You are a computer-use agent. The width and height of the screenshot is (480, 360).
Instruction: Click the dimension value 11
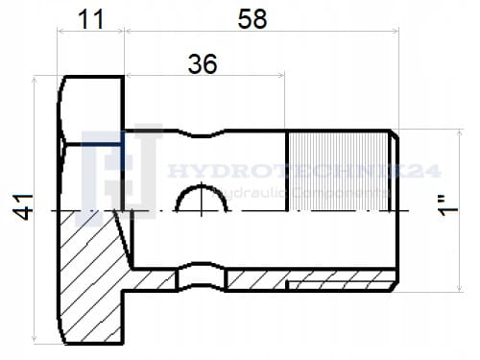coord(91,19)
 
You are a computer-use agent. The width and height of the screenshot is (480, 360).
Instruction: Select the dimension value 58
coord(252,19)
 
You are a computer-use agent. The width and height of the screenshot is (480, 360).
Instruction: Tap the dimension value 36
coord(203,64)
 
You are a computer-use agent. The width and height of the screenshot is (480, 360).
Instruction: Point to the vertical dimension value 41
coord(23,206)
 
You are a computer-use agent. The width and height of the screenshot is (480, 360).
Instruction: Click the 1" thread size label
coord(447,207)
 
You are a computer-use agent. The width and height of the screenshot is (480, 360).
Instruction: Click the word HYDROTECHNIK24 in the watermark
coord(304,171)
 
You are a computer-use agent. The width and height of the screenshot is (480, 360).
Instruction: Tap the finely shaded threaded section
coord(339,171)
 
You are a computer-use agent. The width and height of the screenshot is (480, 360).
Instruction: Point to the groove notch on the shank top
coord(202,132)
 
